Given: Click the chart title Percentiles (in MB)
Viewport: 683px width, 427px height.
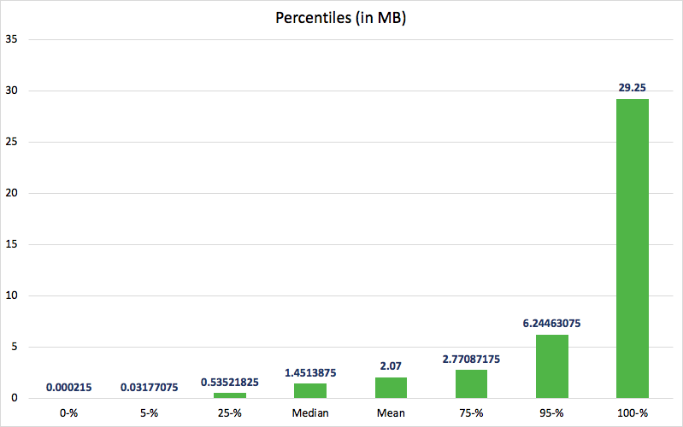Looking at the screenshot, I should [x=341, y=18].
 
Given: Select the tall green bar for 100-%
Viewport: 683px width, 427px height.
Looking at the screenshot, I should [x=633, y=248].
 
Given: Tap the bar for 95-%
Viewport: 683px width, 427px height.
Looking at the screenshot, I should [x=552, y=366].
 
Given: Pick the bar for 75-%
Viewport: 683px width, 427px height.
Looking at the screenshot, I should [x=471, y=383].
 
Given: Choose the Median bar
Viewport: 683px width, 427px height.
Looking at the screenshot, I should [x=310, y=390].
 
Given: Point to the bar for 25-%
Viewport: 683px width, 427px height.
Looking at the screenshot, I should [x=230, y=395].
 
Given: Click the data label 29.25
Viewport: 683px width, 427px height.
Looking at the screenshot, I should [x=633, y=87].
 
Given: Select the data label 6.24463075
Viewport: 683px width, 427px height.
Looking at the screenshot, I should [x=552, y=323].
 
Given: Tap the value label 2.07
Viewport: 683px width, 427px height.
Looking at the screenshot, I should [x=391, y=366].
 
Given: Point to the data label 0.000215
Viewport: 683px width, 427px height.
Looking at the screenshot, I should [x=68, y=387].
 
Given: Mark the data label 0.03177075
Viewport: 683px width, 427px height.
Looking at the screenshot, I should [x=149, y=387].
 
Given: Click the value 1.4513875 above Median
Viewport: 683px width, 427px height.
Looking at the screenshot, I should [x=310, y=372].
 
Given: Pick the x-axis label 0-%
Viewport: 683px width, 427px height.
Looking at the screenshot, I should [x=68, y=414].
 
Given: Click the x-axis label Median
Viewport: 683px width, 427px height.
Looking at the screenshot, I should [x=310, y=414].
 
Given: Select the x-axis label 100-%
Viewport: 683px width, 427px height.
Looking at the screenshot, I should [x=633, y=414].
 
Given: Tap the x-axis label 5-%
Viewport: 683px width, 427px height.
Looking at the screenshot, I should [x=149, y=414].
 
